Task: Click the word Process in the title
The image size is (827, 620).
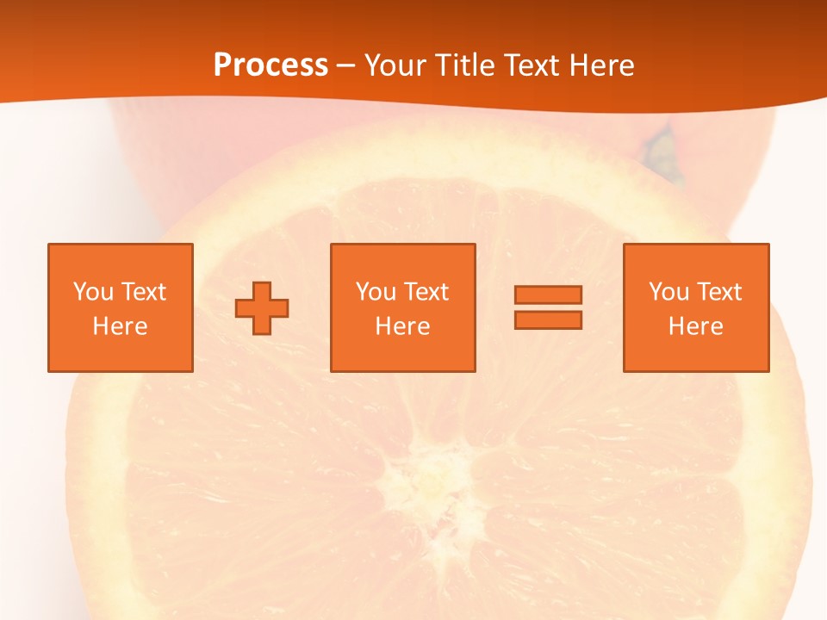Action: click(x=270, y=65)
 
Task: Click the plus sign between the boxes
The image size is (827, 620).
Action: click(x=262, y=307)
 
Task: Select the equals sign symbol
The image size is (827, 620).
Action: click(x=548, y=307)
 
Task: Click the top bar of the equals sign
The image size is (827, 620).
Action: click(x=548, y=295)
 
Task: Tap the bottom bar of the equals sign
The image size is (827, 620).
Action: click(x=548, y=319)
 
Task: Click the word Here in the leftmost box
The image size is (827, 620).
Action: click(x=120, y=326)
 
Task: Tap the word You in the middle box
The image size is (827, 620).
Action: click(x=376, y=292)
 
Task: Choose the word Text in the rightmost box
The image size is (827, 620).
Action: click(x=721, y=292)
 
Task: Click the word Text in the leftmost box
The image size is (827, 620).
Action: click(x=145, y=292)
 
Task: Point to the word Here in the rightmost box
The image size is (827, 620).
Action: click(x=695, y=326)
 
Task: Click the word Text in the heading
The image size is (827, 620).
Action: click(x=528, y=65)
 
